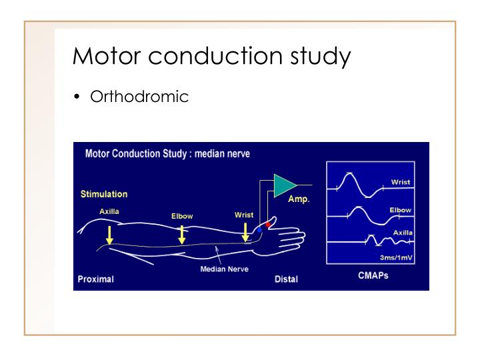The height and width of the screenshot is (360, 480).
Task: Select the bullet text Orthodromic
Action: pos(139,97)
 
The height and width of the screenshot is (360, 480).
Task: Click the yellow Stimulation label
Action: pos(103,195)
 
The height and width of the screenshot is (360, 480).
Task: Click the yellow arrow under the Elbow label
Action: pos(181,234)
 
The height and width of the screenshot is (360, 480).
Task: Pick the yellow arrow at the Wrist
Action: pos(245,232)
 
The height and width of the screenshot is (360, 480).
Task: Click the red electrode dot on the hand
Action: pos(268,225)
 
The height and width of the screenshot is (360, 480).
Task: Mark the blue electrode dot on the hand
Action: pos(258,230)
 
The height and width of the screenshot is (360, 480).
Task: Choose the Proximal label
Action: pos(95,279)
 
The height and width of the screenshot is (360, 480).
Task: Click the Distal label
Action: pos(286,279)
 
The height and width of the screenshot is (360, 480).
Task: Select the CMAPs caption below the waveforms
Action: pos(373,276)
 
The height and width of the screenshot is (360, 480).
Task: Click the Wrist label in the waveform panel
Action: pos(401,181)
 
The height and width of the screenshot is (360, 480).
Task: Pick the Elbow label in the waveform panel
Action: pos(400,210)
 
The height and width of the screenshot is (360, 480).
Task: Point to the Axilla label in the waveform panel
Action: pos(401,232)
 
